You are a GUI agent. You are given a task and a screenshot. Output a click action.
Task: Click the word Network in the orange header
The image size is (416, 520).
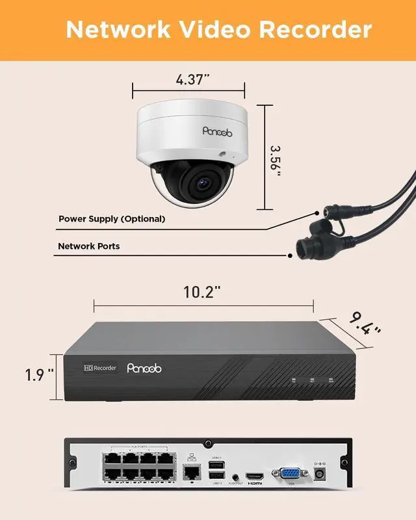(x=118, y=29)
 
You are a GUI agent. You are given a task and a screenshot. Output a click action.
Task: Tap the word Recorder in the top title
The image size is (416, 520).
(x=316, y=29)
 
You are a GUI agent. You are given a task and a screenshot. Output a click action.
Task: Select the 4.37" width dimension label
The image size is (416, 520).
(x=188, y=80)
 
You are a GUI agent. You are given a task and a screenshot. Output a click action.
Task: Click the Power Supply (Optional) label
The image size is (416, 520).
(x=112, y=219)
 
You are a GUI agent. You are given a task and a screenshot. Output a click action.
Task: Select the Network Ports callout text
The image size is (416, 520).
(x=89, y=246)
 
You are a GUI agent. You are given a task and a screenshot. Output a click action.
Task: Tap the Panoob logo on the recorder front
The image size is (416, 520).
(x=145, y=369)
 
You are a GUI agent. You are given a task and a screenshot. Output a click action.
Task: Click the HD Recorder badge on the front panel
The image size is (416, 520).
(x=100, y=368)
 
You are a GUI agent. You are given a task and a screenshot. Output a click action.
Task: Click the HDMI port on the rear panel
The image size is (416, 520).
(x=253, y=476)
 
